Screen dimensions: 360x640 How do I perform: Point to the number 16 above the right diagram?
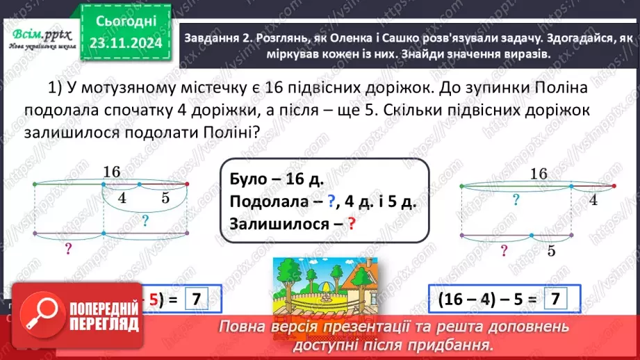539,173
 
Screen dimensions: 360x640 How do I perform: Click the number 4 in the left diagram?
122,197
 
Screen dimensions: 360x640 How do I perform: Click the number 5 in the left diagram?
165,197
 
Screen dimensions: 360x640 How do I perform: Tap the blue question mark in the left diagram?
145,221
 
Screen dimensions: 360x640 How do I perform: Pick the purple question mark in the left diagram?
69,248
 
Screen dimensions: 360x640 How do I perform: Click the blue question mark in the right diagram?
516,200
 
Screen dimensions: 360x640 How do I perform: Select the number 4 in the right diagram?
592,200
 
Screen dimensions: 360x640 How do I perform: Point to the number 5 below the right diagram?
551,251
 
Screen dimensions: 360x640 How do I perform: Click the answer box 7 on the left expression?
197,300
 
